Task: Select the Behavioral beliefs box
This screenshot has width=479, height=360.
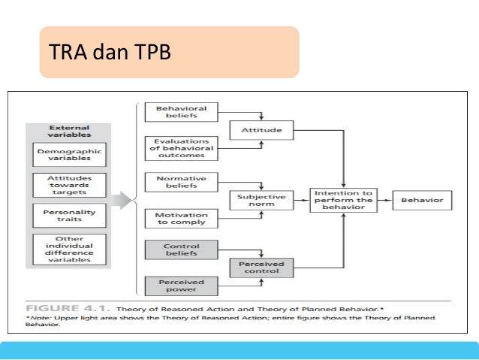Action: point(181,113)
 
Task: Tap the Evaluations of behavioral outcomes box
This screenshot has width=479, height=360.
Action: point(181,147)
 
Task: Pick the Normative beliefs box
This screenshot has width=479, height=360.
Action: point(181,181)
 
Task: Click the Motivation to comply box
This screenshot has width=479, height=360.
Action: point(181,218)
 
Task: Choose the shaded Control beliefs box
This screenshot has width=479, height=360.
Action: point(181,250)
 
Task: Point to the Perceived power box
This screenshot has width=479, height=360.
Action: point(181,286)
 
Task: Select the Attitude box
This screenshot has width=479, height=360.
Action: point(261,130)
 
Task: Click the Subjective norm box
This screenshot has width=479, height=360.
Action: point(261,201)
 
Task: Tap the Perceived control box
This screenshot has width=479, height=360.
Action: point(261,268)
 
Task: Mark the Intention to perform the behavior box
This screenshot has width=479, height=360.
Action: point(342,201)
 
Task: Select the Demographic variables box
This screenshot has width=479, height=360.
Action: point(69,155)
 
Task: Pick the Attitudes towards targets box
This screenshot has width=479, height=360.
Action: point(69,186)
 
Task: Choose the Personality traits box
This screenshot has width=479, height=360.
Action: point(69,216)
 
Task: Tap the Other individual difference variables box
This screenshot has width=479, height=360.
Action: point(69,250)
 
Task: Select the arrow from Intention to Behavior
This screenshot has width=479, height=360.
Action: point(384,200)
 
